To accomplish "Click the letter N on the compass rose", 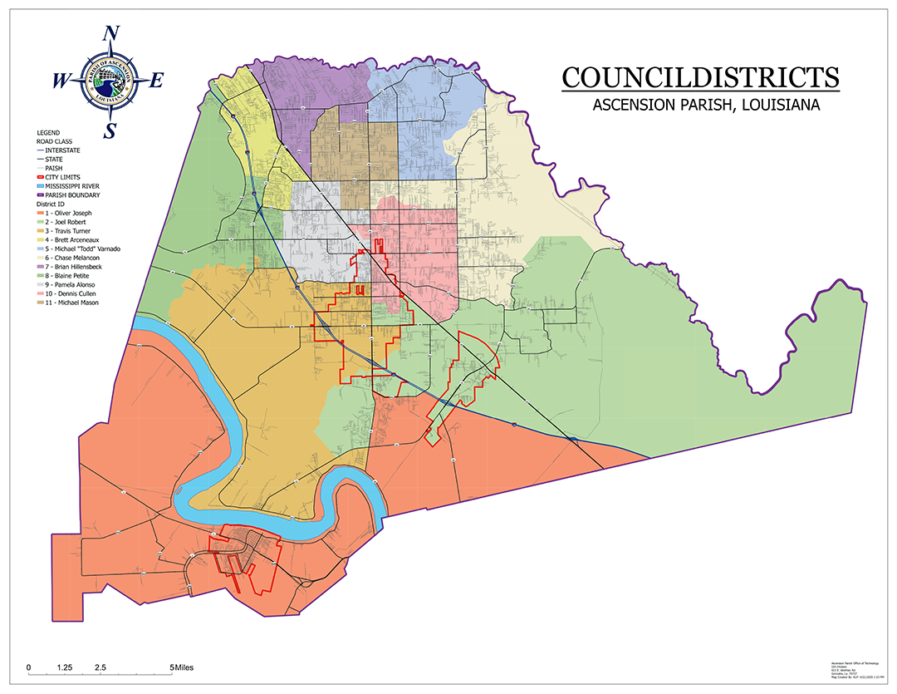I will tap(110, 35).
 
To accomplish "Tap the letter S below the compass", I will tap(110, 130).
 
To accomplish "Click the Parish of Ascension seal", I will tap(110, 81).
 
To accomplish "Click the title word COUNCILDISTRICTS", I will tap(700, 77).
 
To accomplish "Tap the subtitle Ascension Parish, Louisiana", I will tap(706, 106).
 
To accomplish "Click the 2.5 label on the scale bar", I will tap(100, 667).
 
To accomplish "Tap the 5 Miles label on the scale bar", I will tap(181, 667).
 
